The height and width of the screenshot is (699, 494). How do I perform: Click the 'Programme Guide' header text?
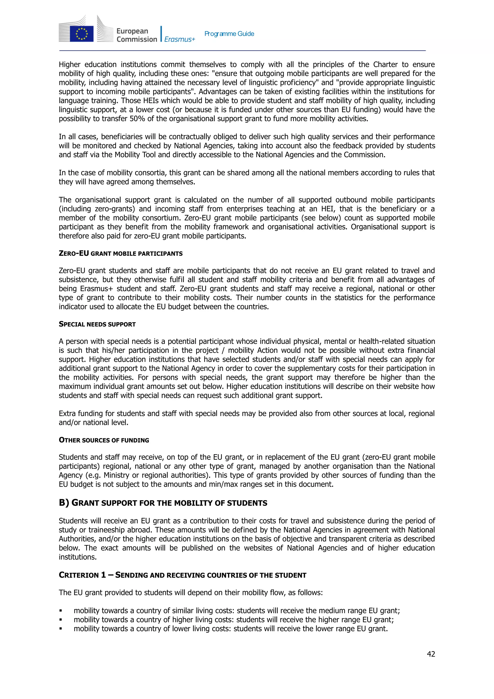point(229,34)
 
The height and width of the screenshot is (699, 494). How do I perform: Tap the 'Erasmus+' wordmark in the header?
point(179,39)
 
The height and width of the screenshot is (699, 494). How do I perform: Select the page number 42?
point(431,654)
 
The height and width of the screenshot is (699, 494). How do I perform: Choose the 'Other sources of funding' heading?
point(104,440)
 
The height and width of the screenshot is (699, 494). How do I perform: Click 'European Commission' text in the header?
point(137,35)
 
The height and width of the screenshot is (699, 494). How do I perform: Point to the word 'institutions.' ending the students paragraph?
point(78,557)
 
